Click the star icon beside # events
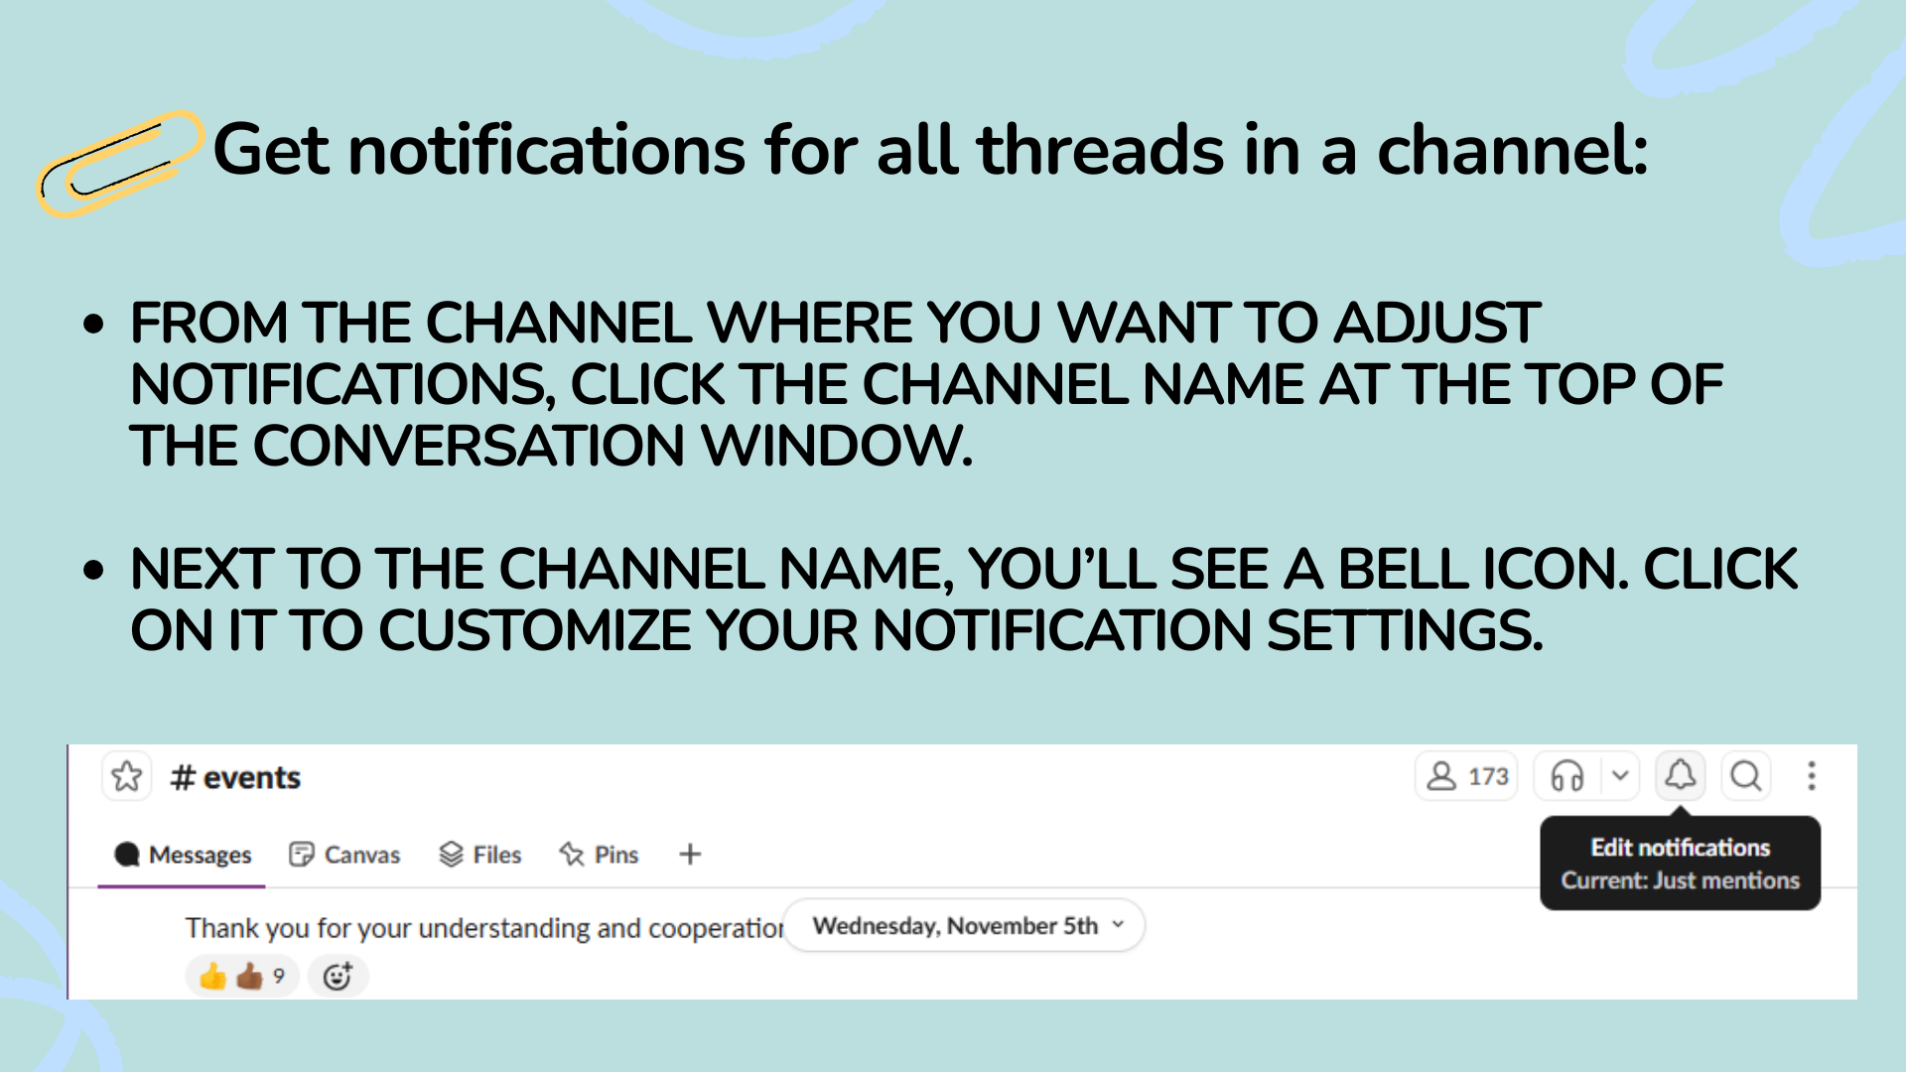coord(127,776)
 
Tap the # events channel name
coord(235,777)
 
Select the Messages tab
coord(183,855)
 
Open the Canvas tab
coord(344,855)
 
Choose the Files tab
coord(480,855)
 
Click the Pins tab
coord(599,855)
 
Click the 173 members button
coord(1467,776)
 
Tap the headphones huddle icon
coord(1567,776)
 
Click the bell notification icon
coord(1681,774)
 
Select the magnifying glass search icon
coord(1746,775)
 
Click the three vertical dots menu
coord(1812,776)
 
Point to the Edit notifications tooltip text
coord(1681,848)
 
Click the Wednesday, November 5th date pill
coord(964,926)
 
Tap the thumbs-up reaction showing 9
coord(242,977)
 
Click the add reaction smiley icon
coord(338,977)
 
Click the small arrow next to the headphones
coord(1620,776)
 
